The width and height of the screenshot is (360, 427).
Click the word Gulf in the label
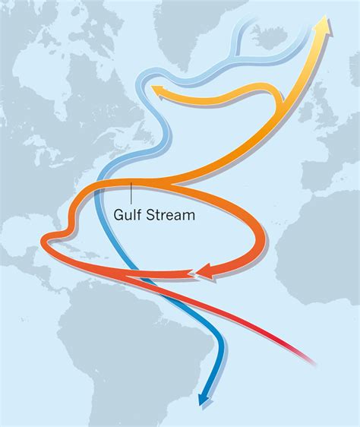[128, 215]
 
